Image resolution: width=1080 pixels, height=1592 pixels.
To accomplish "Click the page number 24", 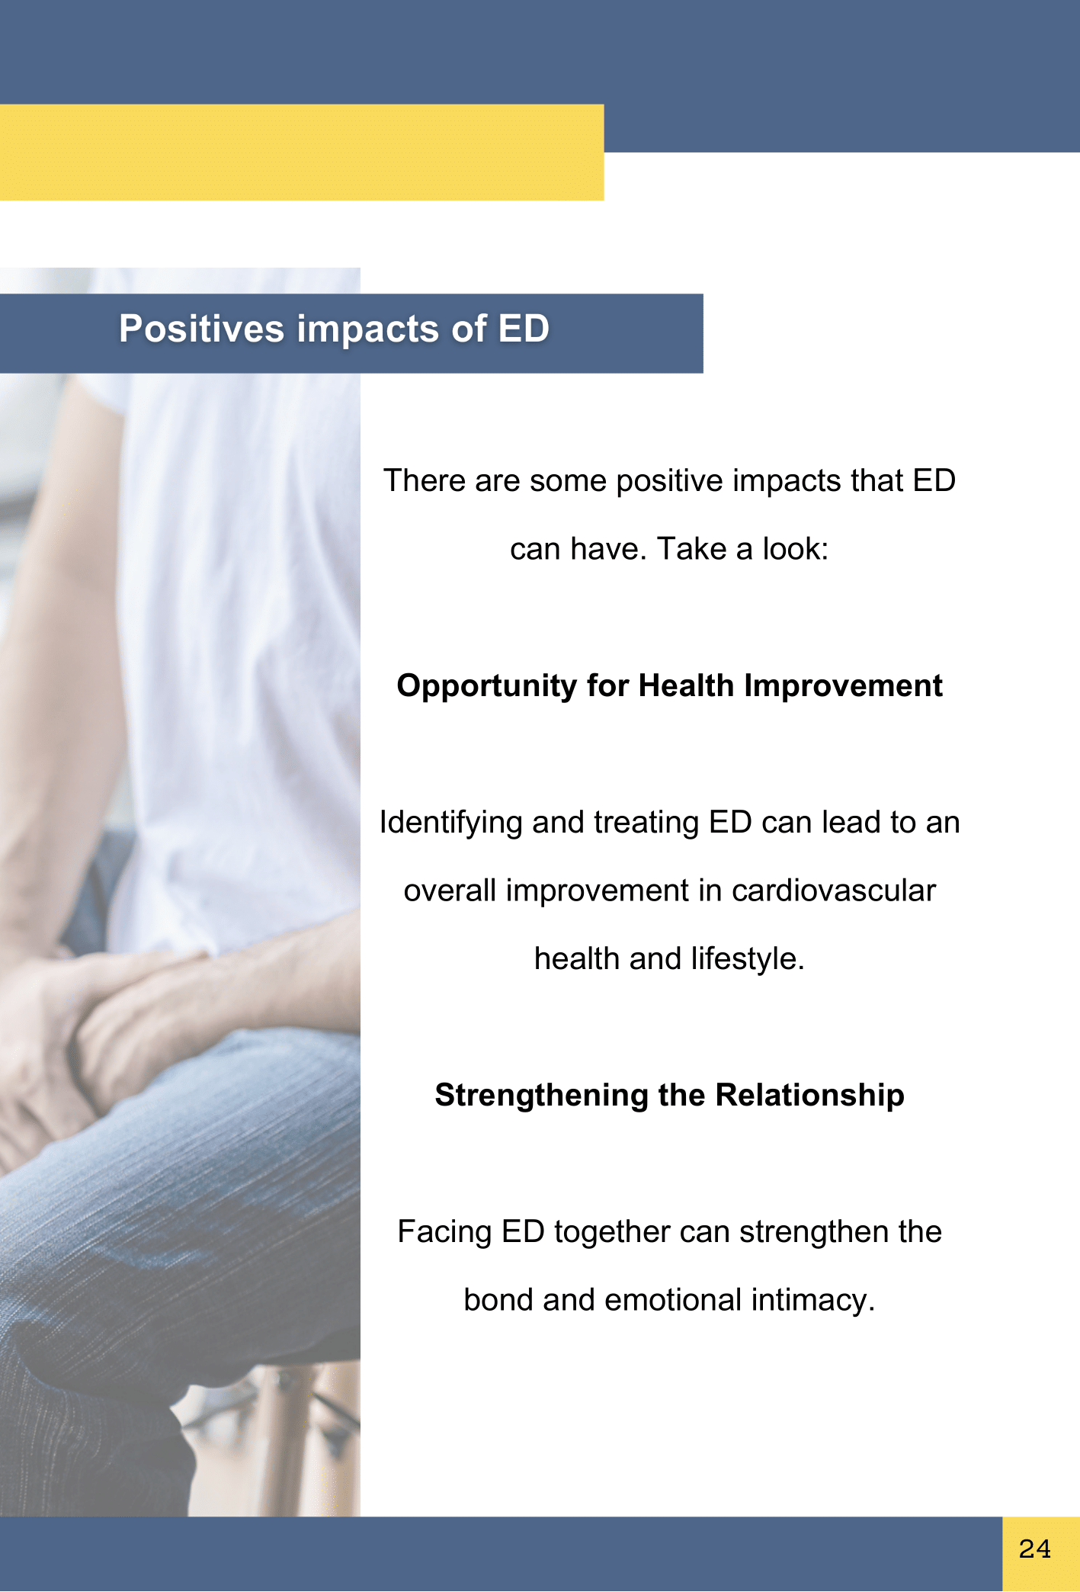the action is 1034,1549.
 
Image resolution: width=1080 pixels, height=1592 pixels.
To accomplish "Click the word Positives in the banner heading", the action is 201,329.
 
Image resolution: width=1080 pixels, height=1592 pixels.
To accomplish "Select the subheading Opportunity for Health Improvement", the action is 669,686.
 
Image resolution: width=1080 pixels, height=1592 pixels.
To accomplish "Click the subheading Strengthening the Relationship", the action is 669,1096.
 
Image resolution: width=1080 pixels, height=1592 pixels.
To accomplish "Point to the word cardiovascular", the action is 834,891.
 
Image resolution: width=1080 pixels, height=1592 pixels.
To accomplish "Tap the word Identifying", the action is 450,823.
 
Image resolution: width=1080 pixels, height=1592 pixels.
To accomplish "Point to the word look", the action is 796,549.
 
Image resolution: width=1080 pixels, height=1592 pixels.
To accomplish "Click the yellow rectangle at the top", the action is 302,152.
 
